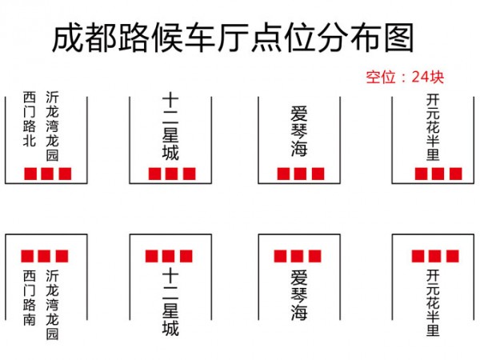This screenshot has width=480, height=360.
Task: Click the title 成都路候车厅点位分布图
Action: [233, 38]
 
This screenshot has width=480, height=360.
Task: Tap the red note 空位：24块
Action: [405, 77]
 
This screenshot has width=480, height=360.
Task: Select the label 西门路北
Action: [30, 118]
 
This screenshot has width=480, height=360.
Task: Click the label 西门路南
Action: [30, 298]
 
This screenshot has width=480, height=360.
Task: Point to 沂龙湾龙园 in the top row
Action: [52, 126]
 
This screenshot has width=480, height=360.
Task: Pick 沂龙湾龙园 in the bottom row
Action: [52, 305]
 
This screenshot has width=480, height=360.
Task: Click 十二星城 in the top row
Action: [170, 127]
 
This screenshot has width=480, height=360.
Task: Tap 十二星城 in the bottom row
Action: [170, 302]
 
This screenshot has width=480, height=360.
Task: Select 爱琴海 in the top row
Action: [299, 131]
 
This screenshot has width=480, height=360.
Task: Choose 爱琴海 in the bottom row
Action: [299, 294]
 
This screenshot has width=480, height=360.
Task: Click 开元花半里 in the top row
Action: [433, 127]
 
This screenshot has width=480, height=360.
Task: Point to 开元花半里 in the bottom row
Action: [433, 302]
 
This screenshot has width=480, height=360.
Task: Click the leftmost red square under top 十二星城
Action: [155, 174]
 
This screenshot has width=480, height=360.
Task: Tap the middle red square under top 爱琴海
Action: [300, 174]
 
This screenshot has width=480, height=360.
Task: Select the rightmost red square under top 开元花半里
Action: [456, 174]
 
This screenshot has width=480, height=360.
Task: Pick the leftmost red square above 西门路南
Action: [27, 256]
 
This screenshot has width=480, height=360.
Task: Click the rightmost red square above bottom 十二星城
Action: [186, 256]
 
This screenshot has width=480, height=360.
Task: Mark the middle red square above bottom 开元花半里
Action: [434, 256]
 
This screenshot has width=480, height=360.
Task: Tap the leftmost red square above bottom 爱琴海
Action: [281, 256]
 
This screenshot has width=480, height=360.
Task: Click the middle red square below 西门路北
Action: [47, 174]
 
